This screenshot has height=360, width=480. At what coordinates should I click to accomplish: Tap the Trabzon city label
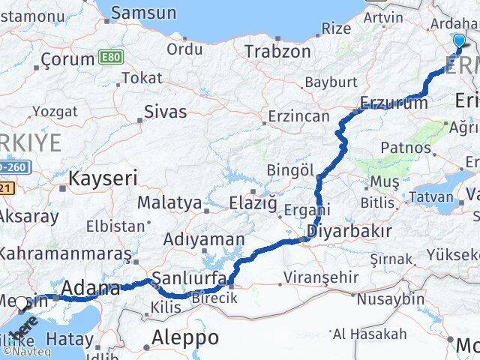tap(277, 52)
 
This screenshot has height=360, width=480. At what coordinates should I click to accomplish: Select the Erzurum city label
tap(393, 103)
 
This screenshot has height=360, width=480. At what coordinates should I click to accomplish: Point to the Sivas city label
tap(165, 112)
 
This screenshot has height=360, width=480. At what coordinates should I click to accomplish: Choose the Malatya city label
tap(169, 202)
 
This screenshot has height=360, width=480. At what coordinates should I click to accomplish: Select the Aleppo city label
tap(184, 337)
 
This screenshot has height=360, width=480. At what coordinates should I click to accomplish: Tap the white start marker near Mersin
tap(22, 303)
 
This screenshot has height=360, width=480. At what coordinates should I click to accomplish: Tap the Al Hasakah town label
tap(370, 333)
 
